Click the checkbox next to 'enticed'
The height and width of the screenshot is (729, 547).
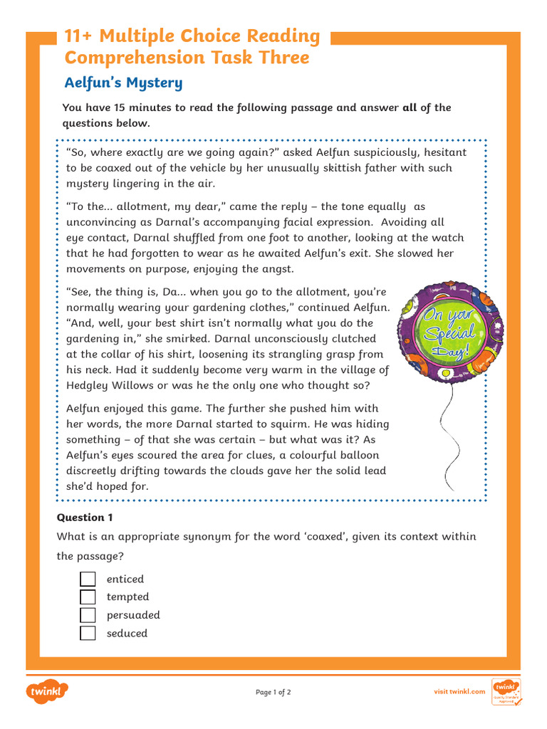88,579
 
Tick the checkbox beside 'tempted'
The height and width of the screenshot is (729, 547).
88,597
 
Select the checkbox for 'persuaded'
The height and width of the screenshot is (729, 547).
88,614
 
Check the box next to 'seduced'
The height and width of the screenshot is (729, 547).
88,633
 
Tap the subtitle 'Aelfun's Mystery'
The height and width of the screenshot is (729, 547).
123,83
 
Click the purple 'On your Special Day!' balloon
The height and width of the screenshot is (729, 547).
449,331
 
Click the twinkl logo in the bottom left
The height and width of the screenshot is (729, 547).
47,691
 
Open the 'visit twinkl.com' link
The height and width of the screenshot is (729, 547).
459,691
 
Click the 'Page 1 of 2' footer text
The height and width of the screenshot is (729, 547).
273,692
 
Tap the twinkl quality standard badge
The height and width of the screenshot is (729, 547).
506,692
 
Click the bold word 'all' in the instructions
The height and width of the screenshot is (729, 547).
410,107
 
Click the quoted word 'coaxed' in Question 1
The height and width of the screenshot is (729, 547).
325,536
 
